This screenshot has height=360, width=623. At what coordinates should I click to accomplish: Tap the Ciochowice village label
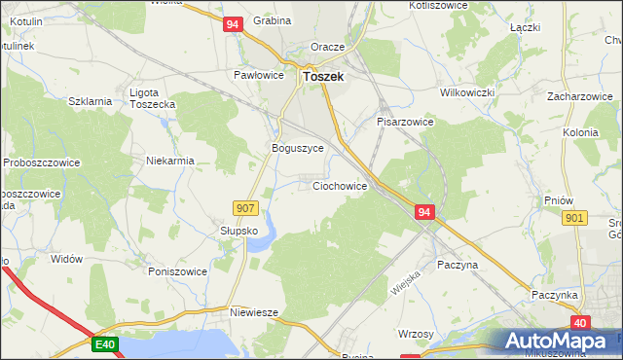coord(339,185)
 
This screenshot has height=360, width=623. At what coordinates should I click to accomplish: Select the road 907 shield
coord(245,207)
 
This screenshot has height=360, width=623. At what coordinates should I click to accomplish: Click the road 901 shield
coord(574,219)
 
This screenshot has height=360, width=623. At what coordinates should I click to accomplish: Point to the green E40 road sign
coord(105,343)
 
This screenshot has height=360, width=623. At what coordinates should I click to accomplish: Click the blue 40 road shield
coord(580,322)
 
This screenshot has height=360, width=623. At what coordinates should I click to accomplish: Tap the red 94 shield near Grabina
coord(232,27)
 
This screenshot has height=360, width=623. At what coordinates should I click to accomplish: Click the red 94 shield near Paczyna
coord(423,211)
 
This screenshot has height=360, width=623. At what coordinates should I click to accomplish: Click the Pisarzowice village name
coord(404,123)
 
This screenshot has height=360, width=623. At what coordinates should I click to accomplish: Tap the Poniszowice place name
coord(177,271)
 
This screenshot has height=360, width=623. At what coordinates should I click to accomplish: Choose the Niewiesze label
coord(255,312)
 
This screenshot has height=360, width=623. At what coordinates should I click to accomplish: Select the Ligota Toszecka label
coord(152,98)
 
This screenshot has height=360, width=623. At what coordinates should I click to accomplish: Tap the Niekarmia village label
coord(170,161)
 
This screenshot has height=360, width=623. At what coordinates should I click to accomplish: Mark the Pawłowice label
coord(258,74)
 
